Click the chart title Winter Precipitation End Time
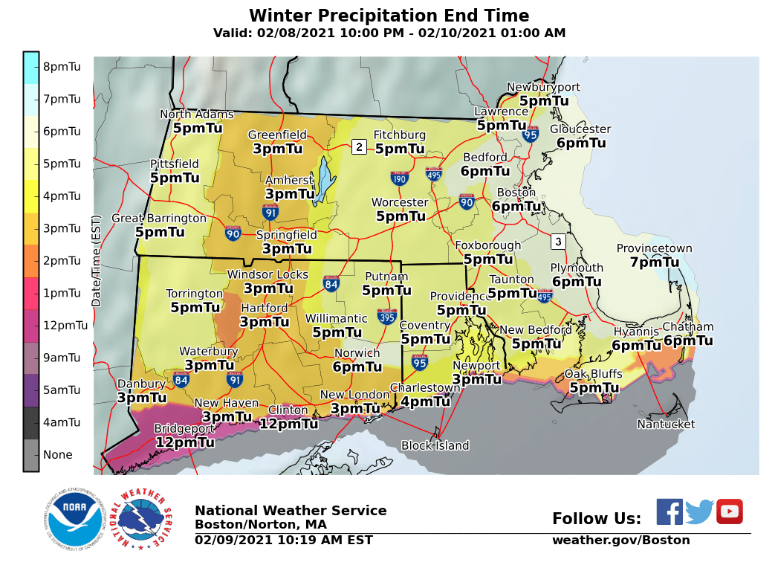pyautogui.click(x=389, y=16)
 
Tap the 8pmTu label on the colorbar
pyautogui.click(x=62, y=67)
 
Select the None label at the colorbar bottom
pyautogui.click(x=58, y=455)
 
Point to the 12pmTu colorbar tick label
pyautogui.click(x=65, y=326)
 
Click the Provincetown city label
pyautogui.click(x=654, y=249)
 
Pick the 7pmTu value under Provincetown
pyautogui.click(x=654, y=262)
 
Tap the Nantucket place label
pyautogui.click(x=666, y=425)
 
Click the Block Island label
pyautogui.click(x=435, y=446)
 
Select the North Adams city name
pyautogui.click(x=197, y=114)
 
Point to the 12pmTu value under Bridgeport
pyautogui.click(x=185, y=442)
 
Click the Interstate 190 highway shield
pyautogui.click(x=400, y=178)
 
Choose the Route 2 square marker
pyautogui.click(x=359, y=147)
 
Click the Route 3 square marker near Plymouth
pyautogui.click(x=558, y=242)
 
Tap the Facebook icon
pyautogui.click(x=669, y=511)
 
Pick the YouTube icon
pyautogui.click(x=729, y=511)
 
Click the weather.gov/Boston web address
pyautogui.click(x=620, y=540)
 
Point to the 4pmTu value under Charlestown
pyautogui.click(x=425, y=401)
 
